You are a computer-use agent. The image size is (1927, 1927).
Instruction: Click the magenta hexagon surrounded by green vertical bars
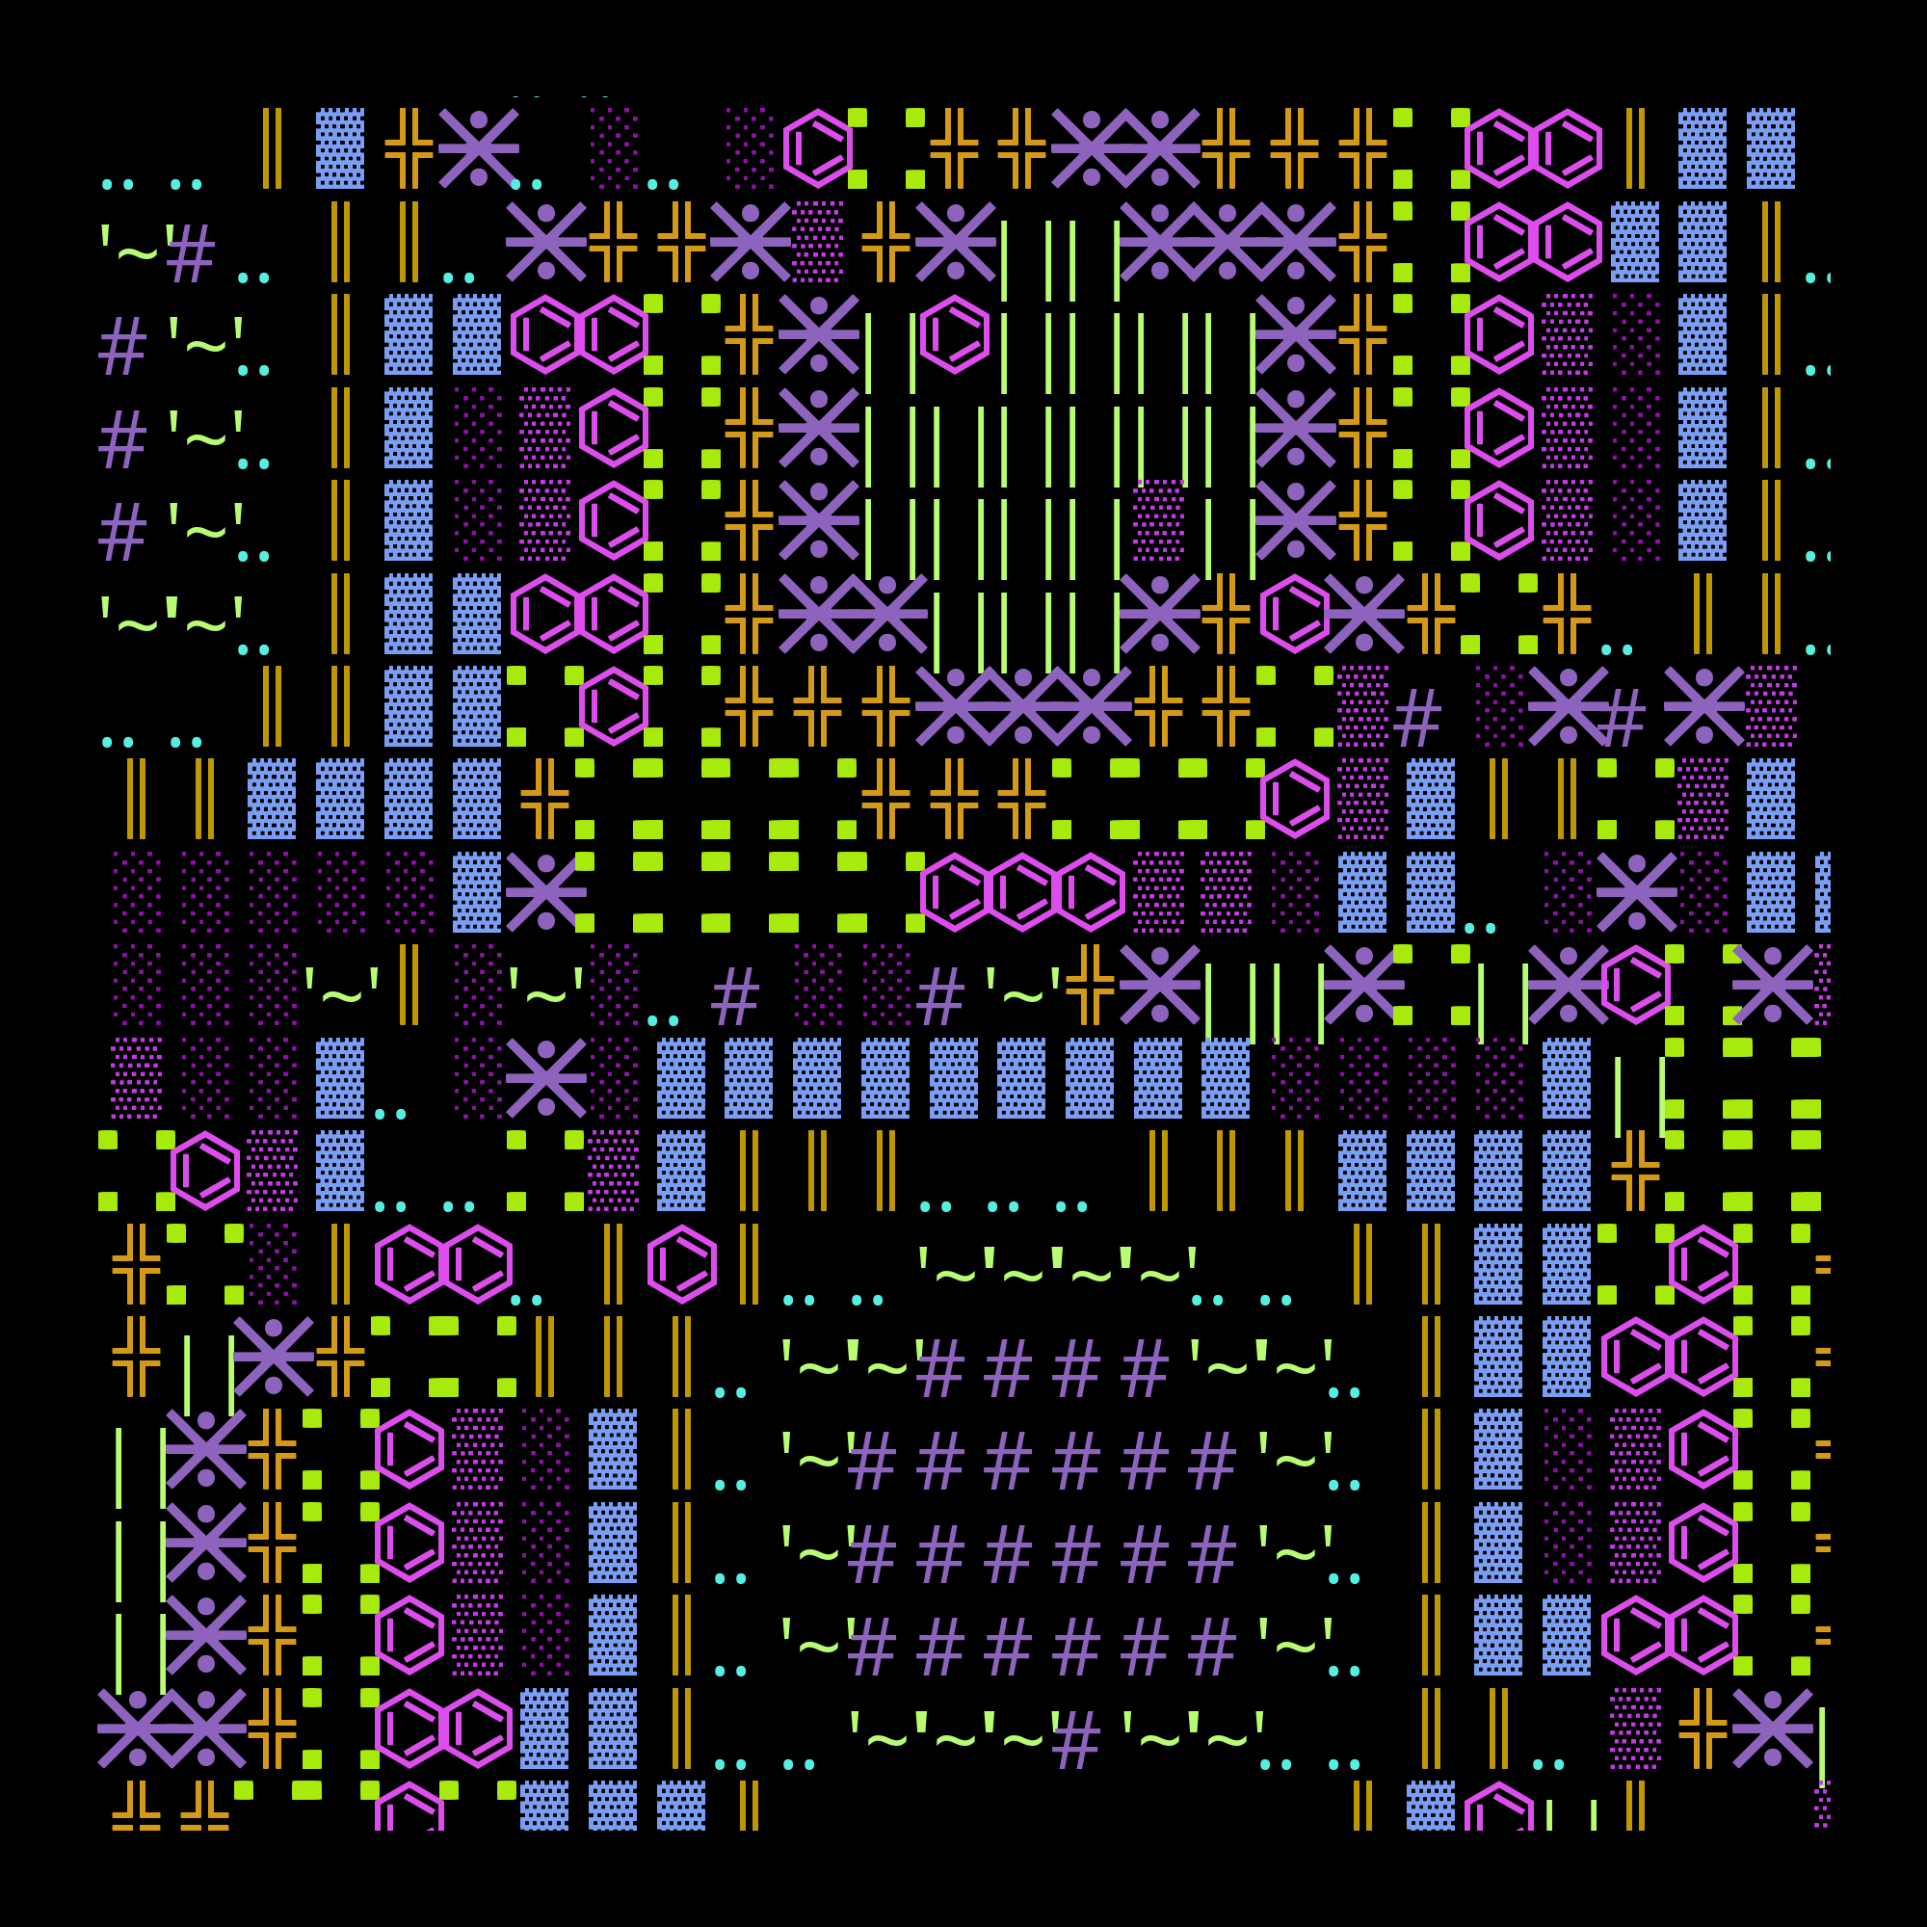click(x=955, y=334)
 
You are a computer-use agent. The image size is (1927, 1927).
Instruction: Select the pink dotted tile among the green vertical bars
click(x=1159, y=519)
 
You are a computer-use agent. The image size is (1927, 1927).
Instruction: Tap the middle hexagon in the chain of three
click(x=1022, y=891)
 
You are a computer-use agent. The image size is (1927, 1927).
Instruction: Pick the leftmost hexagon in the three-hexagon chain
click(x=955, y=891)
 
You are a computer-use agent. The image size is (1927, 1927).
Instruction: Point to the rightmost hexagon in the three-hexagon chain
click(x=1090, y=891)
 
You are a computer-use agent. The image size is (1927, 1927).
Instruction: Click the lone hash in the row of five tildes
click(x=1076, y=1741)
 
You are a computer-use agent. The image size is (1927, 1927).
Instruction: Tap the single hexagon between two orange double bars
click(x=682, y=1264)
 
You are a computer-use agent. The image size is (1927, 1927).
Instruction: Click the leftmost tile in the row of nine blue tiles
click(x=681, y=1077)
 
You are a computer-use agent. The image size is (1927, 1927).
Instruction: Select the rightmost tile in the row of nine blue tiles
click(x=1226, y=1077)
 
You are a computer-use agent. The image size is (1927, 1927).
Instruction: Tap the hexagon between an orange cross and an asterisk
click(x=1295, y=613)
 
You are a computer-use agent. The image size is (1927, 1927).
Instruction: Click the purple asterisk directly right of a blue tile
click(x=545, y=891)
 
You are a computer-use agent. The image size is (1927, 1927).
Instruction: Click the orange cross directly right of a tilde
click(x=1090, y=985)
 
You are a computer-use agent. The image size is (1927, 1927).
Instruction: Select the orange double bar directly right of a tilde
click(x=409, y=985)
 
